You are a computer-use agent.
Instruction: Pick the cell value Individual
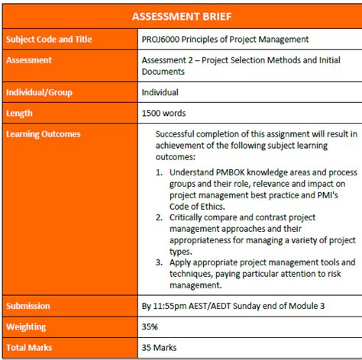(x=160, y=92)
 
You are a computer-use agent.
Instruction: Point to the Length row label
(x=20, y=113)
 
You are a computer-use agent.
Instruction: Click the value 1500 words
(x=164, y=113)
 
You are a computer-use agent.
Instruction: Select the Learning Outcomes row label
(x=43, y=134)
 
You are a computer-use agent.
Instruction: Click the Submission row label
(x=28, y=306)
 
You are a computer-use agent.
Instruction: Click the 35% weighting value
(x=150, y=326)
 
